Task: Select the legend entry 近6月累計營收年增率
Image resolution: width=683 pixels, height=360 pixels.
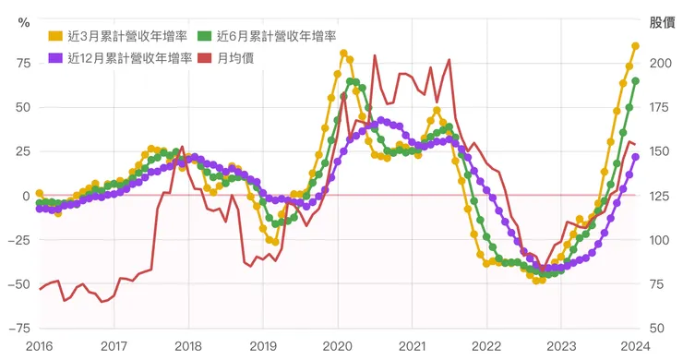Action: coord(276,36)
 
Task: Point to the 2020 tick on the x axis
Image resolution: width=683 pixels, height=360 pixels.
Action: coord(337,346)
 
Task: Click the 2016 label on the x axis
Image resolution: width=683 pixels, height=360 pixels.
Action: coord(39,346)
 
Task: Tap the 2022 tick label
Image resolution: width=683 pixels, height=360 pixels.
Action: coord(486,346)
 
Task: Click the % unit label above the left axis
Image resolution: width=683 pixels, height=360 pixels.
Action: coord(24,21)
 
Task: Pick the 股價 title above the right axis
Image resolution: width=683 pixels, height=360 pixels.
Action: coord(662,21)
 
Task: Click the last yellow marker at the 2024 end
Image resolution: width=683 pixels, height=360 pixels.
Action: coord(636,46)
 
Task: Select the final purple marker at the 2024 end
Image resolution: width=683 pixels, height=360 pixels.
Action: coord(636,157)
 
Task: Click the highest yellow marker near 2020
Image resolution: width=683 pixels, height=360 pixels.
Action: coord(343,54)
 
